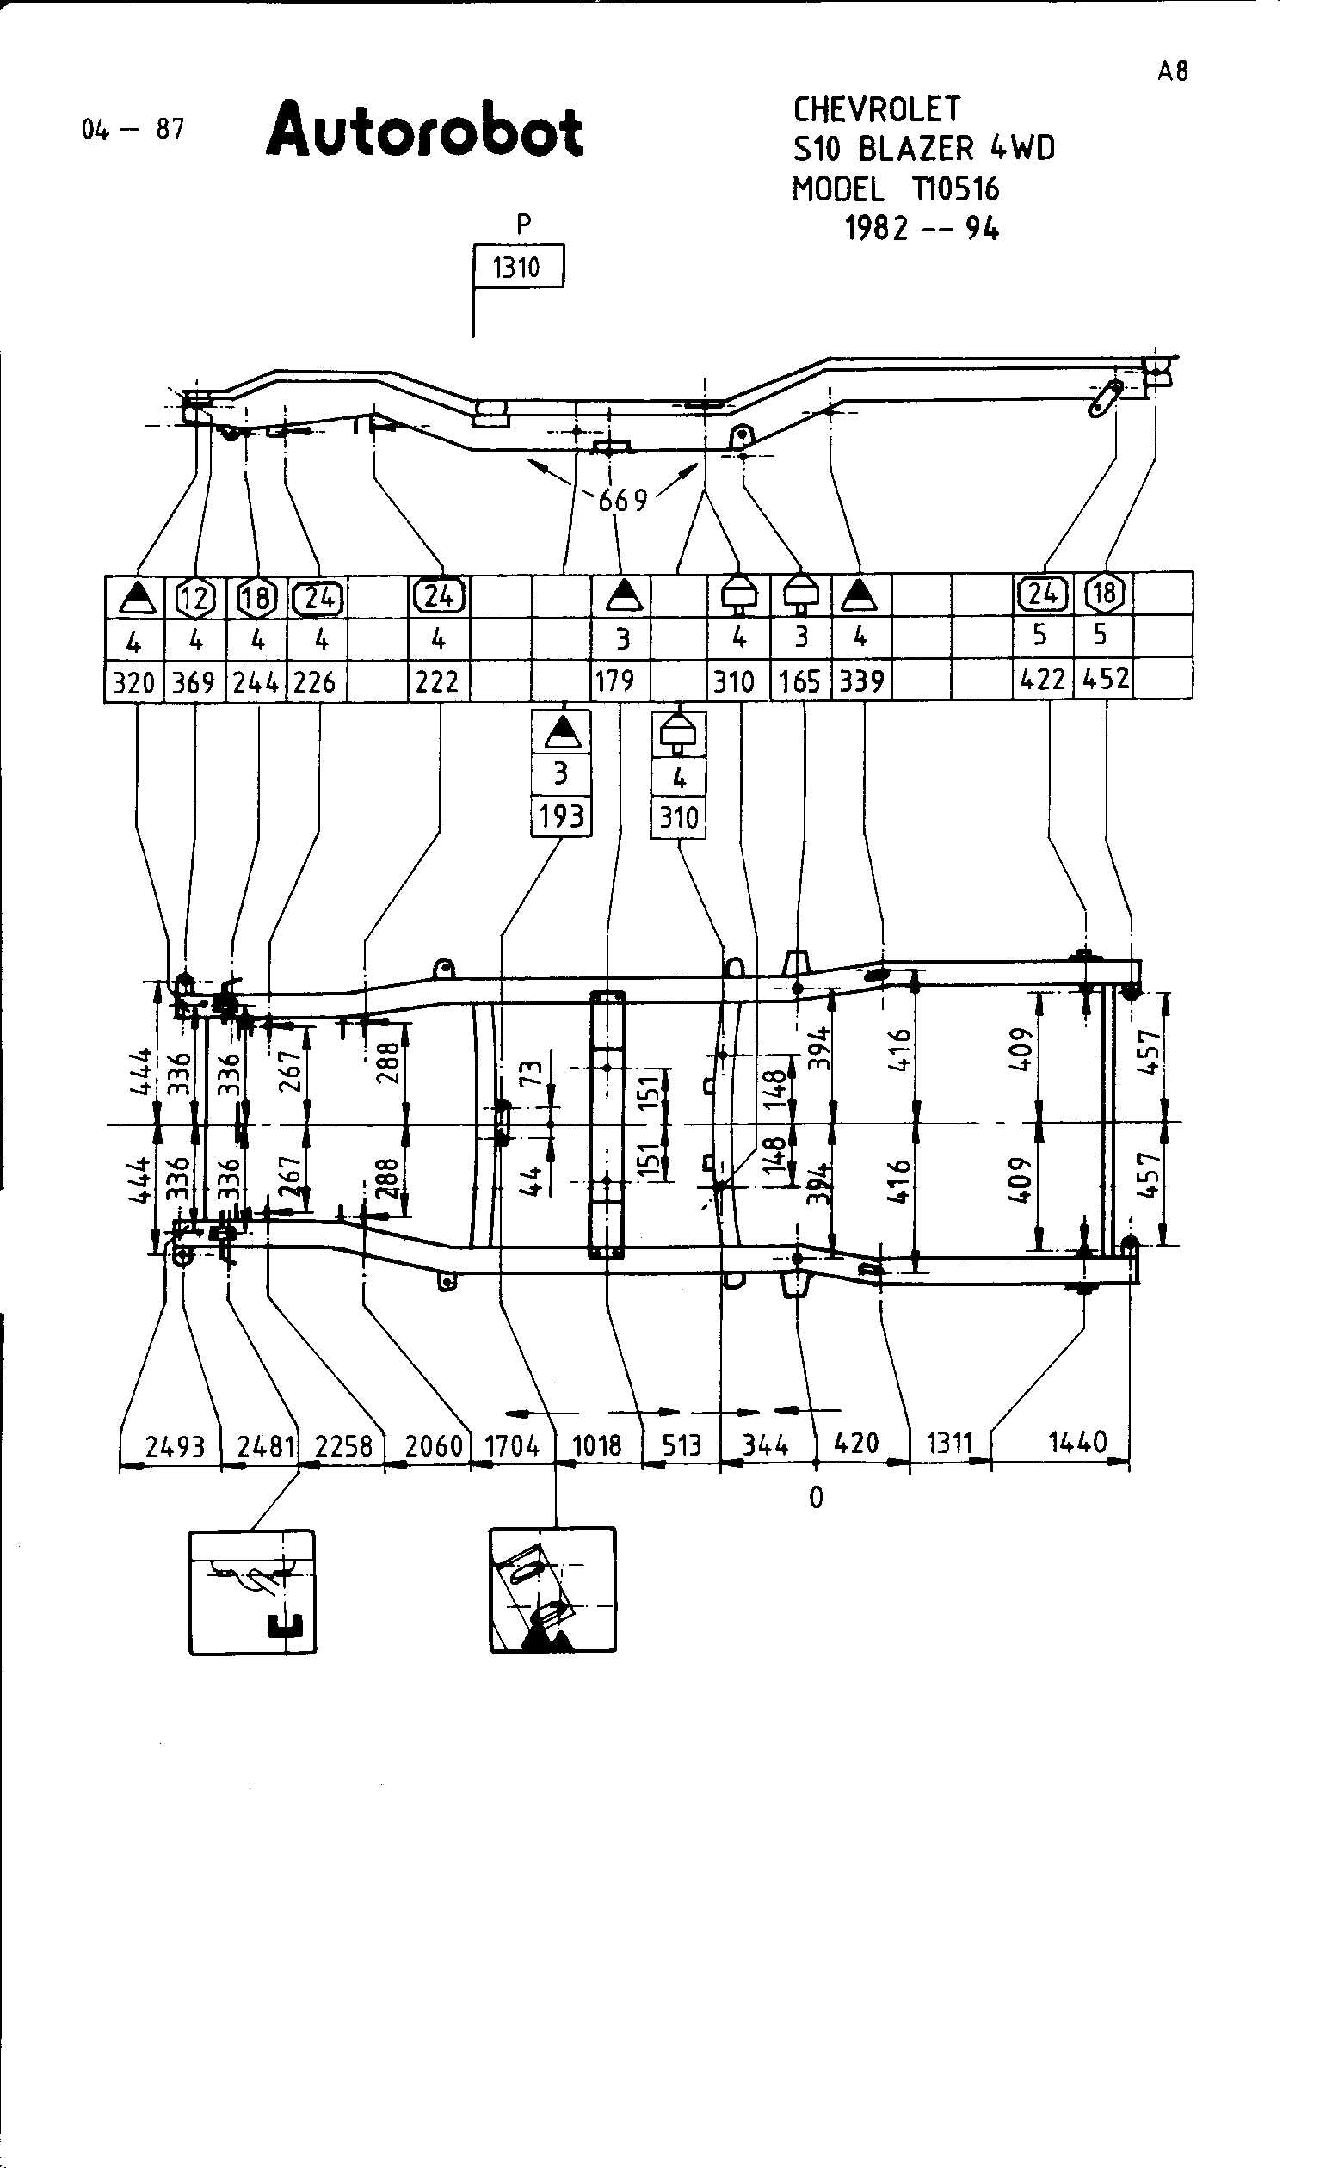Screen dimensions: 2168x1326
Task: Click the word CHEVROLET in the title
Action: pos(876,110)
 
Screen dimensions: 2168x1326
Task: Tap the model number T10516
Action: pos(956,189)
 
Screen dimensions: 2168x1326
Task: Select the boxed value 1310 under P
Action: pos(518,267)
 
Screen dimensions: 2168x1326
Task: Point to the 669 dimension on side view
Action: pos(622,500)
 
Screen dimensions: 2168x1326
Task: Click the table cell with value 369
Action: pos(194,681)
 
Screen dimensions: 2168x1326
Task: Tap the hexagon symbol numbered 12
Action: pos(195,597)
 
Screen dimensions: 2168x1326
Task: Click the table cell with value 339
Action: pos(860,681)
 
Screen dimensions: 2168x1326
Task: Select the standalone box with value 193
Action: pos(560,817)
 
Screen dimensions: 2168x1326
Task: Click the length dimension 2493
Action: pos(174,1445)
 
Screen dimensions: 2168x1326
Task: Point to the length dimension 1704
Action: pos(512,1445)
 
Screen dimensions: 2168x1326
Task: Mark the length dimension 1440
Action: pos(1077,1443)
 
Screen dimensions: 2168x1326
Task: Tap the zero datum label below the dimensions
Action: pos(816,1497)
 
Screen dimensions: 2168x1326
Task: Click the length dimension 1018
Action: pos(597,1445)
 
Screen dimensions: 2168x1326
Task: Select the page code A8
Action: pos(1172,71)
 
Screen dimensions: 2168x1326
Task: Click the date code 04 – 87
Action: pos(133,129)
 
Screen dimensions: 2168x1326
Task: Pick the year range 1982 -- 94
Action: pos(922,229)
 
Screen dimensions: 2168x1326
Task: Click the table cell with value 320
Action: pos(133,681)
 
